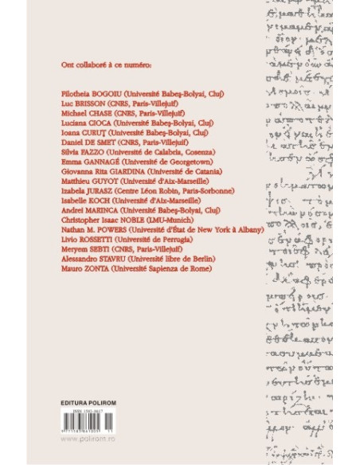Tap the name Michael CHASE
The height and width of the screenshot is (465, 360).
[84, 115]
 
